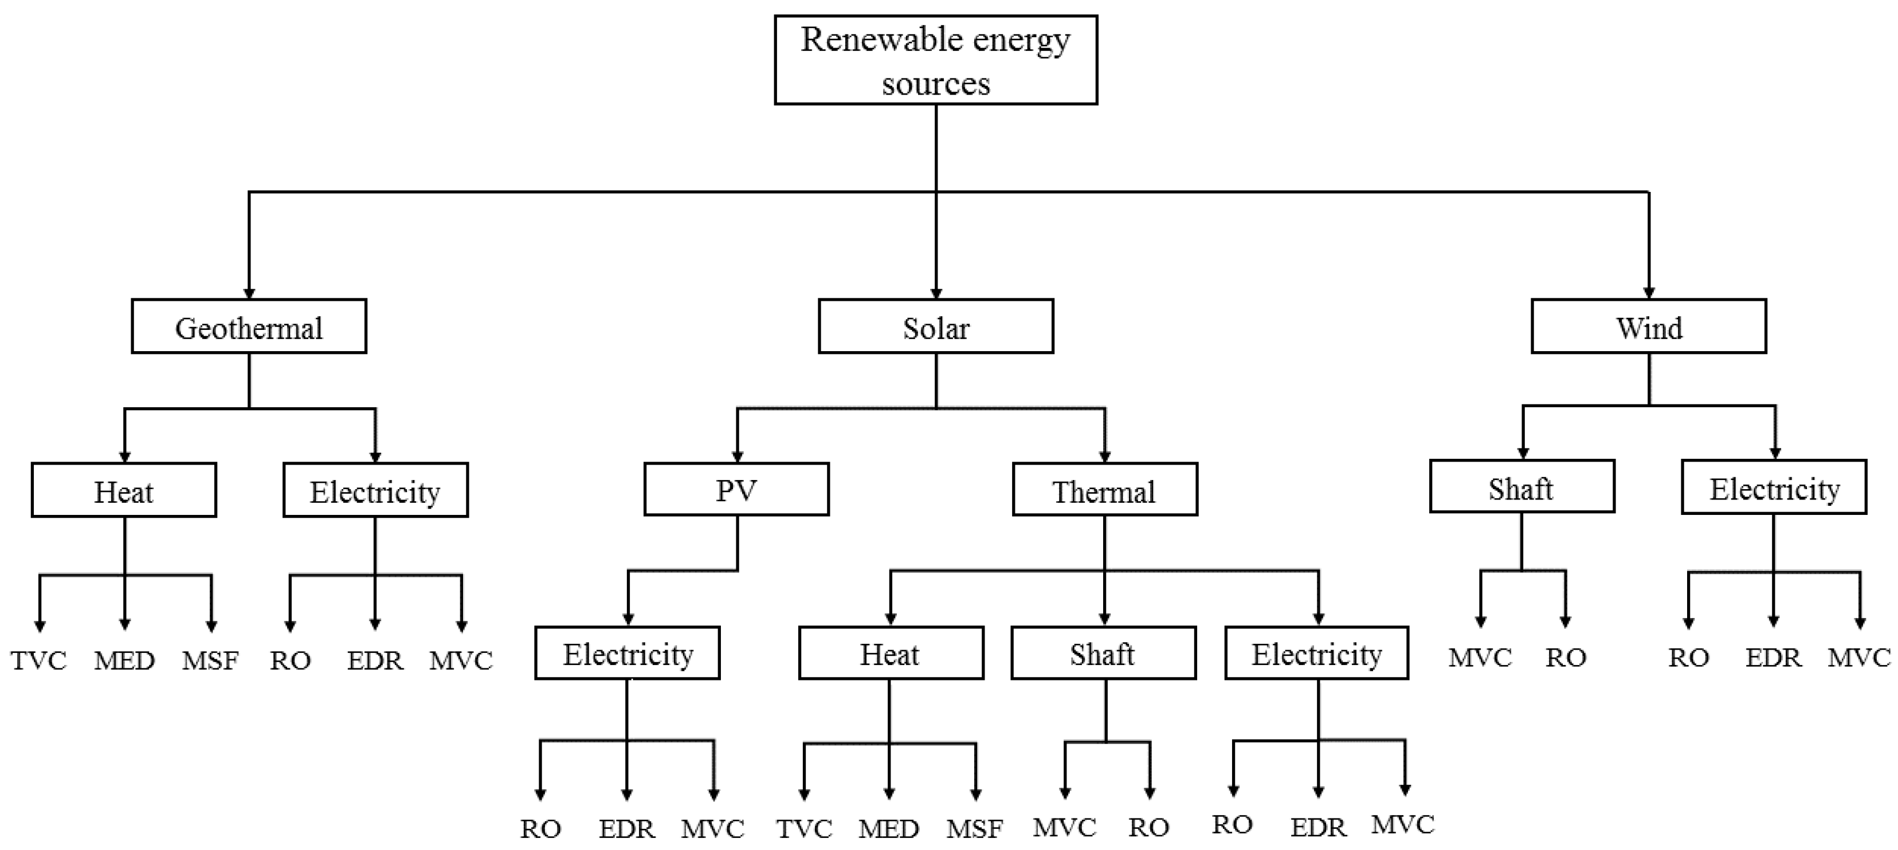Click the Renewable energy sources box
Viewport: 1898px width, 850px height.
point(935,60)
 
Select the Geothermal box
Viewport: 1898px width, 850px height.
point(249,326)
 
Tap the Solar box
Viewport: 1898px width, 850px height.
point(936,326)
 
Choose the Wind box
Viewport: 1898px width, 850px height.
point(1648,326)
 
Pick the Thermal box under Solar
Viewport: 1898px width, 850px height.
point(1104,490)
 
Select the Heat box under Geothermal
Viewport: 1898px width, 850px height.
point(124,490)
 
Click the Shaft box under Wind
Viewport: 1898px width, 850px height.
point(1521,487)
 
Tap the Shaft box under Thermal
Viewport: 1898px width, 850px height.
point(1103,654)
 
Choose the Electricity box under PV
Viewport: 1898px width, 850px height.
point(627,654)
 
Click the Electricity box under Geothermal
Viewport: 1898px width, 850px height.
point(375,490)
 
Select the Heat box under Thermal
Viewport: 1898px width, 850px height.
point(890,654)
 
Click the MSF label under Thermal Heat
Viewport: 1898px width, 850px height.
point(974,829)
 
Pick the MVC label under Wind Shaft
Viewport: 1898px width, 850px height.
point(1480,658)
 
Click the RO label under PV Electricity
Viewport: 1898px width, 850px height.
point(540,829)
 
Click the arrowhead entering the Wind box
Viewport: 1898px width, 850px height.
point(1649,293)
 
